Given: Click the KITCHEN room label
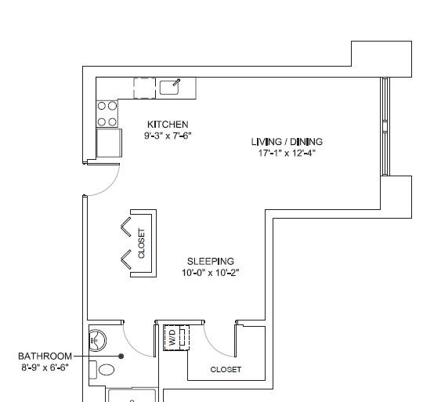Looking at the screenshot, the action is (168, 125).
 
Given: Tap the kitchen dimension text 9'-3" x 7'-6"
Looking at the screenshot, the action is (168, 136).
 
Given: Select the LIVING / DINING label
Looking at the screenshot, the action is (287, 142).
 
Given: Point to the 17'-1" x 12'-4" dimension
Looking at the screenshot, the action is (287, 153).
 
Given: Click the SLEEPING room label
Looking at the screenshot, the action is (211, 261).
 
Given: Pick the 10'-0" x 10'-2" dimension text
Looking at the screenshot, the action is (211, 273).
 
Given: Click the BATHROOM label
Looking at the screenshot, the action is (45, 356).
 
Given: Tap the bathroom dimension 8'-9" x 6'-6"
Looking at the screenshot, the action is (45, 368).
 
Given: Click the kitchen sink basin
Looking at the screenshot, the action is (169, 88).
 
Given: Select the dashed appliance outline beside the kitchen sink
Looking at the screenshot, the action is (145, 89).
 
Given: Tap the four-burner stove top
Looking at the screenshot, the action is (107, 114).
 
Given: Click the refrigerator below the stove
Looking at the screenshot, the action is (109, 143).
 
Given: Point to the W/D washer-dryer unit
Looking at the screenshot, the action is (177, 338).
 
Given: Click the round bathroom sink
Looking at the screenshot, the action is (97, 341).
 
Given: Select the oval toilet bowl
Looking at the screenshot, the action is (107, 370).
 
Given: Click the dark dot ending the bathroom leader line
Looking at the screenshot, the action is (121, 357).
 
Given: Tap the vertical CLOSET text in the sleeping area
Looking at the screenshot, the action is (141, 244).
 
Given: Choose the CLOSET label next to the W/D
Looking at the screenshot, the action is (226, 370).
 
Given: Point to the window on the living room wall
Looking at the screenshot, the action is (385, 126).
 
